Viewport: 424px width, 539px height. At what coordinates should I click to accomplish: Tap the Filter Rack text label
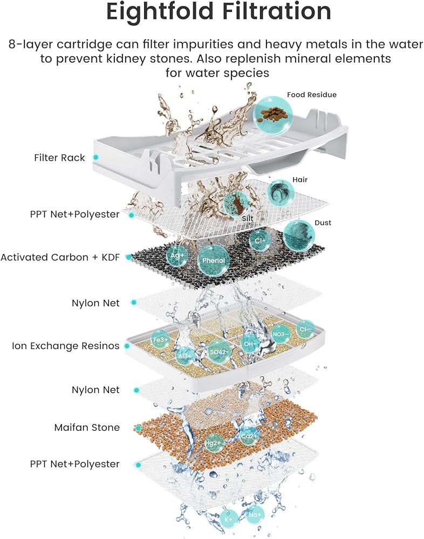[x=59, y=158]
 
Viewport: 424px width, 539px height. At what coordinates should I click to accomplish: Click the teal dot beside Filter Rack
[x=95, y=157]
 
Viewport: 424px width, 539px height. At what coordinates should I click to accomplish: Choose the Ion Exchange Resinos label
[x=65, y=345]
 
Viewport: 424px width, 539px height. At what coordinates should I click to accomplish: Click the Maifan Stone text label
[x=87, y=427]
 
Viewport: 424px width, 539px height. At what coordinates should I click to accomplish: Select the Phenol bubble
[x=214, y=260]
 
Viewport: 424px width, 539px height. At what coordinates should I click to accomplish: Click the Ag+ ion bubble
[x=178, y=255]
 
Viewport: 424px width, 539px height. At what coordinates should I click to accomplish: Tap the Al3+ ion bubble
[x=185, y=355]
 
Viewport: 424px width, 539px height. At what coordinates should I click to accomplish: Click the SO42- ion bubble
[x=220, y=351]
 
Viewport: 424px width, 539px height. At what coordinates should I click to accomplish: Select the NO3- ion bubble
[x=281, y=334]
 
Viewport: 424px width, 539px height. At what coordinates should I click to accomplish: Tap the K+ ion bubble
[x=228, y=519]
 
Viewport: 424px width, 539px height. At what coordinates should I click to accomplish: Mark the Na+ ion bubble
[x=255, y=515]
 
